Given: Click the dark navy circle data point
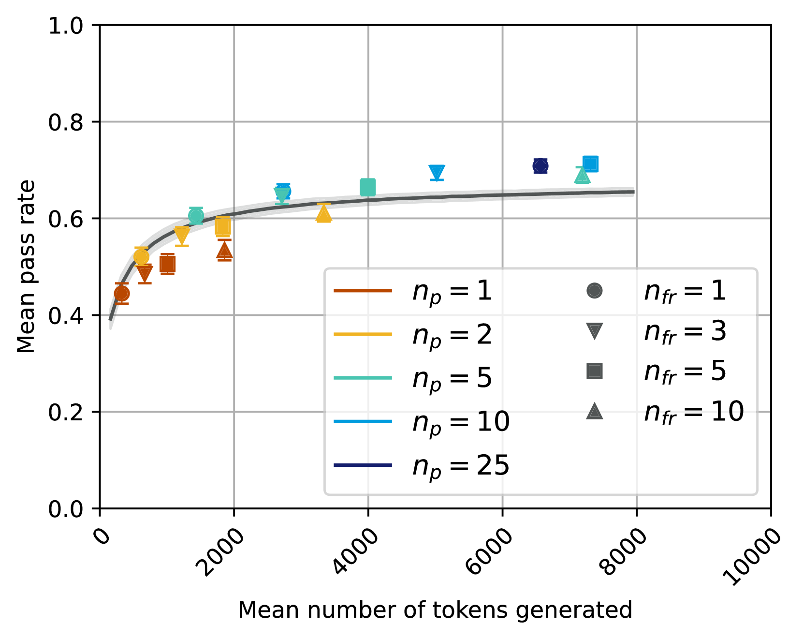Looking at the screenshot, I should coord(540,166).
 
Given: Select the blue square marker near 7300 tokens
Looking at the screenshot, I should coord(590,164).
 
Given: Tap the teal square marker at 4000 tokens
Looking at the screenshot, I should coord(368,187).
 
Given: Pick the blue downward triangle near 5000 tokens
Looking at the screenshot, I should coord(437,172).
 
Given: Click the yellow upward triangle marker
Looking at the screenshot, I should coord(323,213).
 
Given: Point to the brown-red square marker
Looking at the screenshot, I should coord(167,264).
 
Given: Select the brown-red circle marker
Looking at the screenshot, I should coord(122,294).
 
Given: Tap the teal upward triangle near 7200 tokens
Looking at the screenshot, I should coord(583,176).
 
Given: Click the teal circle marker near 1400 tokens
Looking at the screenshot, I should coord(196,216).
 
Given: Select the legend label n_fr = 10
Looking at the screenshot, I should coord(694,412).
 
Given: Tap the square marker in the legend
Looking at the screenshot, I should coord(594,371).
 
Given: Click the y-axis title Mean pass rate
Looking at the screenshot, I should coord(26,267).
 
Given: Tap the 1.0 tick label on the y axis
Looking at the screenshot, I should coord(66,26).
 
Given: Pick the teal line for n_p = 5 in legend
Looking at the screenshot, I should coord(363,378).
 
